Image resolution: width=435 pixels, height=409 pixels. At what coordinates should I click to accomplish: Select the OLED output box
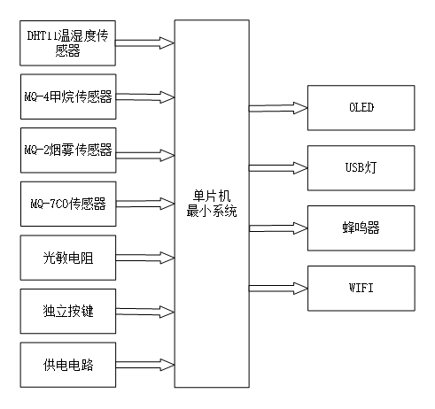click(361, 108)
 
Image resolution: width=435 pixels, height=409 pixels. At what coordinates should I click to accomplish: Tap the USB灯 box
click(361, 167)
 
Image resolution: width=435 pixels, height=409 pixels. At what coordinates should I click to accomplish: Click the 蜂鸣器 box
click(361, 228)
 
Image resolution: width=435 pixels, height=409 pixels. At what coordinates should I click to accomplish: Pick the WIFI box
click(361, 287)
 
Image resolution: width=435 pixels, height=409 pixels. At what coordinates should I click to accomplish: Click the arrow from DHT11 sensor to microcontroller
click(145, 41)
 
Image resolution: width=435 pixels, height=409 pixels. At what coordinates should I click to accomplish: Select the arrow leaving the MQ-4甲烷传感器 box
click(145, 96)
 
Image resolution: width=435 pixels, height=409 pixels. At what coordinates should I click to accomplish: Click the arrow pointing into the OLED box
click(278, 108)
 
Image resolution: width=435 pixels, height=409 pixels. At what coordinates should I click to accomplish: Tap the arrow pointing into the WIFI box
click(278, 287)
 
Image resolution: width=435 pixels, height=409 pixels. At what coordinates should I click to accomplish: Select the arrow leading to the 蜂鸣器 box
click(278, 228)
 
